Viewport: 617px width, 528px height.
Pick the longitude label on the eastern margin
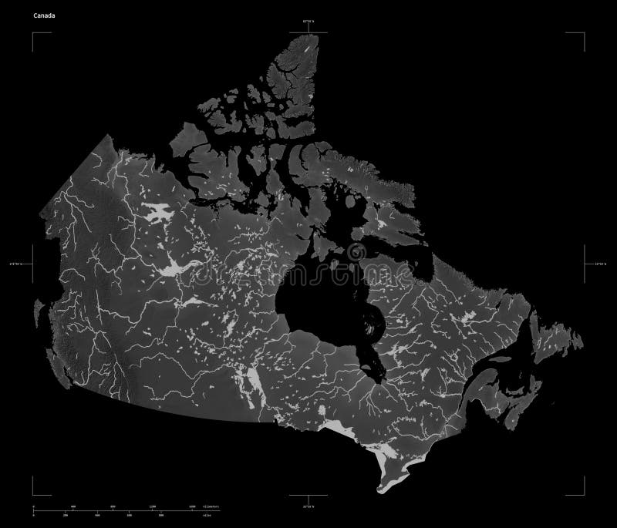[x=600, y=264]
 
